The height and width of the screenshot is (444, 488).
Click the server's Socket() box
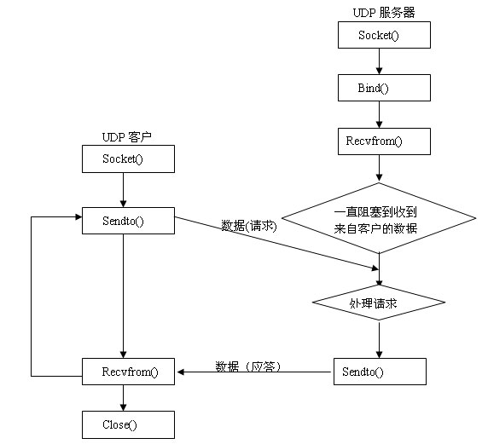coord(384,35)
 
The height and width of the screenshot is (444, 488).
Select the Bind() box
coord(384,88)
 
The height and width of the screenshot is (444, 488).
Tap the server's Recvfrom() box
coord(384,141)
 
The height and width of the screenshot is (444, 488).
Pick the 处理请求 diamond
coord(378,303)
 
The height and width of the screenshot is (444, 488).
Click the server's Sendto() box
coord(379,371)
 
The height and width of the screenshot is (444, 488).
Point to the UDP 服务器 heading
coord(383,12)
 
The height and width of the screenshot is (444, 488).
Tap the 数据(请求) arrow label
coord(249,226)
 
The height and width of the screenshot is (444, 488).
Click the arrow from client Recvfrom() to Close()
coord(125,397)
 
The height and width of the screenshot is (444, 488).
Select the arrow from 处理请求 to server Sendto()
coord(379,339)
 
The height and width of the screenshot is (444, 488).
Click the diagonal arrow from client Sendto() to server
coord(273,246)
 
